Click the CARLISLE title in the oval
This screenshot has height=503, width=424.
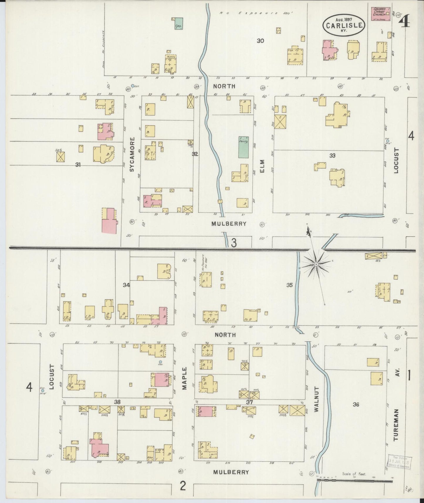tap(344, 25)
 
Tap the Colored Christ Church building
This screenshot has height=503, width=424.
tap(381, 14)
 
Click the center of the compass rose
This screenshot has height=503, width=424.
tap(316, 265)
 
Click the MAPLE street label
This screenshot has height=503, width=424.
tap(184, 378)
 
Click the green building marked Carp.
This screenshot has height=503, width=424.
tap(178, 23)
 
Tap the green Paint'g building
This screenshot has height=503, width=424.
tap(243, 147)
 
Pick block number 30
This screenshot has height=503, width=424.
tap(260, 41)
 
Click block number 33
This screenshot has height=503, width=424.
tap(332, 156)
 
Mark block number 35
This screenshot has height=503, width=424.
tap(289, 285)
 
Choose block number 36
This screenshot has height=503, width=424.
tap(356, 404)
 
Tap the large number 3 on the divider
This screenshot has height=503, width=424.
tap(234, 243)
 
